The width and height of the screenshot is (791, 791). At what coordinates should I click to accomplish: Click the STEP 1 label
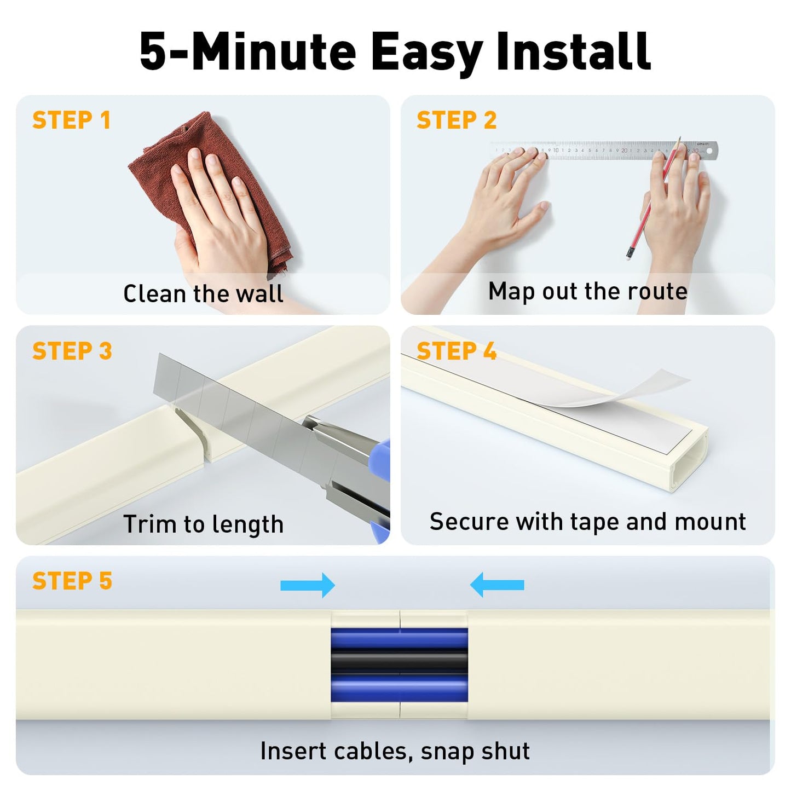coord(72,120)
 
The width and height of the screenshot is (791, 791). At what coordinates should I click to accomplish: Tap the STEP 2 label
coord(456,120)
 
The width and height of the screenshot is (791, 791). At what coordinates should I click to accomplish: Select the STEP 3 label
coord(72,351)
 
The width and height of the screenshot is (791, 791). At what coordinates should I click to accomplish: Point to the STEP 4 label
coord(456,351)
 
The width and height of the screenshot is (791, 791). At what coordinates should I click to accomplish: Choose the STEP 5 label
coord(72,581)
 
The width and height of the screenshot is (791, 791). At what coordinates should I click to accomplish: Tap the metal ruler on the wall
coord(602,150)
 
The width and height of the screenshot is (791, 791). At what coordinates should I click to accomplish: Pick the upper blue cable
coord(399,638)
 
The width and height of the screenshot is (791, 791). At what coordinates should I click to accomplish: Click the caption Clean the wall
coord(203,294)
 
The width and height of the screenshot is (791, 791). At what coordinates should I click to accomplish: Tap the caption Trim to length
coord(203,524)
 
